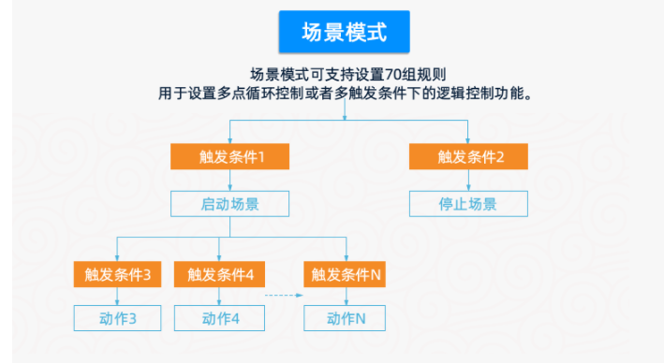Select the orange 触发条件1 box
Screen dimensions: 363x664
[229, 156]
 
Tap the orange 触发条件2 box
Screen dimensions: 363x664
[468, 156]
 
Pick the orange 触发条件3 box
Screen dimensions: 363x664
[117, 274]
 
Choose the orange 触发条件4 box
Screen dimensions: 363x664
[220, 274]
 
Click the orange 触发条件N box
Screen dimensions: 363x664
[346, 274]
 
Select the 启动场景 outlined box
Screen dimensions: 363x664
[229, 204]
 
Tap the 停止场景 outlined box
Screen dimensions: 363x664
[468, 204]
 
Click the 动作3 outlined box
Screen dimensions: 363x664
[117, 318]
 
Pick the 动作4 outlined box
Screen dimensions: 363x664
[220, 318]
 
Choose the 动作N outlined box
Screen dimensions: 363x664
[346, 318]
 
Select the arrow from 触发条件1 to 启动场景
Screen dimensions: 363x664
[229, 181]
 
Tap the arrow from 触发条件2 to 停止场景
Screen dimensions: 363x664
[468, 181]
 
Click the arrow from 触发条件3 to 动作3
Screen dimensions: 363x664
[117, 296]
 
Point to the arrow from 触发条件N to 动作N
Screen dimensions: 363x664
[346, 296]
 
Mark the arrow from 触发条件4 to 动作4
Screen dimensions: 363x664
[220, 296]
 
